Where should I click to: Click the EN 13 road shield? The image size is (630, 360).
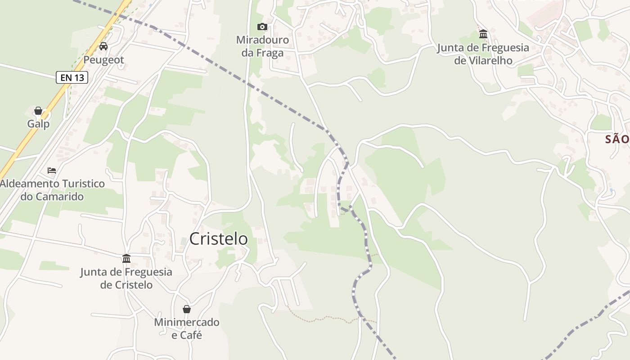(x=72, y=77)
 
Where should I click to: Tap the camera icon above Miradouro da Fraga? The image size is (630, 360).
(x=262, y=27)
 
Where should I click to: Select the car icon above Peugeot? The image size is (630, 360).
(x=103, y=46)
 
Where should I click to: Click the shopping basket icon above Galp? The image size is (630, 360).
(x=38, y=111)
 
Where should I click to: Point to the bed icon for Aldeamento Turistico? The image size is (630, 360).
(x=52, y=171)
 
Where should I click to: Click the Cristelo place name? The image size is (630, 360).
(x=218, y=239)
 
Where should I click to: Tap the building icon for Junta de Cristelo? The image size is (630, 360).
(x=126, y=259)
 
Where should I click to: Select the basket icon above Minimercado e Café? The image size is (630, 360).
(x=187, y=309)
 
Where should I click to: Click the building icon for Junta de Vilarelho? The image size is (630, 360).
(x=483, y=34)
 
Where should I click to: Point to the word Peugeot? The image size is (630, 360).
(x=103, y=60)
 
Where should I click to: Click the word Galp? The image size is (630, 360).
(x=38, y=124)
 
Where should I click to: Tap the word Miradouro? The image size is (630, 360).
(x=262, y=40)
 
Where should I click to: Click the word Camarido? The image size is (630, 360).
(x=59, y=197)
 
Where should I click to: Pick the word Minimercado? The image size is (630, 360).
(x=187, y=322)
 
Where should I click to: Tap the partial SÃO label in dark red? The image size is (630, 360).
(x=617, y=139)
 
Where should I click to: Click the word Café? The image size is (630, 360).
(x=191, y=335)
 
